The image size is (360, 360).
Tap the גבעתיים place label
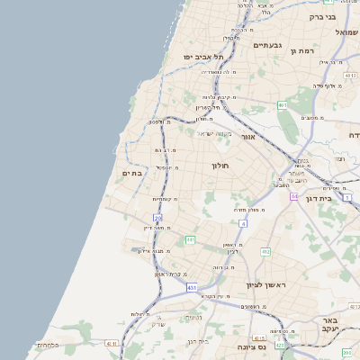tap(268, 45)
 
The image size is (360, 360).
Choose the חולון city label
tap(222, 166)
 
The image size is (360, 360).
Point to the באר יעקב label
tap(332, 325)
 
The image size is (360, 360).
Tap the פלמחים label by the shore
tap(48, 345)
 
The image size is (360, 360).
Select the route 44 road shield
tap(293, 195)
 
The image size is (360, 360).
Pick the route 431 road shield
tap(192, 287)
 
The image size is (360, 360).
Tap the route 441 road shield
tap(190, 239)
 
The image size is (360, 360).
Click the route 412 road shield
tap(265, 251)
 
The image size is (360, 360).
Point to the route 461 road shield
tap(282, 105)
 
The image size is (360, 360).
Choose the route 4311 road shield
tap(112, 343)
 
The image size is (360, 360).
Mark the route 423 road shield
tap(280, 344)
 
